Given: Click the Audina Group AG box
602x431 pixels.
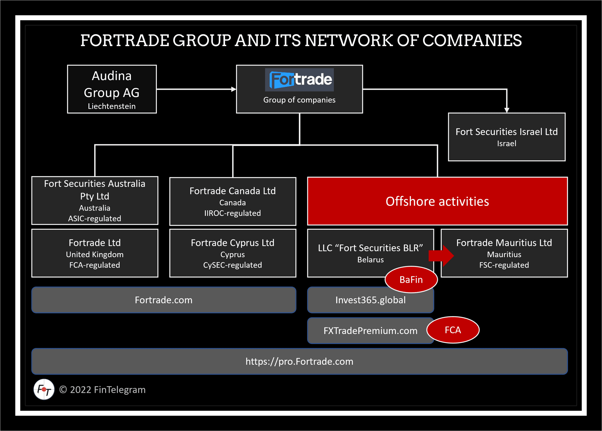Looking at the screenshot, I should (x=112, y=89).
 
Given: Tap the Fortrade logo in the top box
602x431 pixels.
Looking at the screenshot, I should (x=299, y=80).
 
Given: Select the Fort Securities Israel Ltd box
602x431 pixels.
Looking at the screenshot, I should (x=507, y=137).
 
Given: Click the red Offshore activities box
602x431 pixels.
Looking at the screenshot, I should (x=437, y=201).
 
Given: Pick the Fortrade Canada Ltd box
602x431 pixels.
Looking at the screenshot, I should (x=233, y=201).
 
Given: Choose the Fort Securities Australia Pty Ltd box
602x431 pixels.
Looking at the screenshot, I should (x=95, y=200).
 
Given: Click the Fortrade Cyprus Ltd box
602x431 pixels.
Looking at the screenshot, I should (x=233, y=253).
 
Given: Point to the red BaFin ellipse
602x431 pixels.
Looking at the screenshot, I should (x=411, y=279).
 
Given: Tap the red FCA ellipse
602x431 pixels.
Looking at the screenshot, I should (x=453, y=330).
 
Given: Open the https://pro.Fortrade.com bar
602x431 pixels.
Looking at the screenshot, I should (x=299, y=361).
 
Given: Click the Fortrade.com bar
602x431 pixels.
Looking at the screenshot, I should (x=164, y=300).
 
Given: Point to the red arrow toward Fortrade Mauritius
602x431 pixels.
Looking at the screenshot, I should (x=441, y=255).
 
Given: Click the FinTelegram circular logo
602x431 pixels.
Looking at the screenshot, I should (x=44, y=389).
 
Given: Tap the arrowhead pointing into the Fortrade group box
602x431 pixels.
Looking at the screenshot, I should (x=234, y=89).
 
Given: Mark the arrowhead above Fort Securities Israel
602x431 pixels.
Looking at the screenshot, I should (x=507, y=110).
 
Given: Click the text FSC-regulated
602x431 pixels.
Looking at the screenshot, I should (x=504, y=265).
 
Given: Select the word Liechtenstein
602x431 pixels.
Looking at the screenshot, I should (x=112, y=106).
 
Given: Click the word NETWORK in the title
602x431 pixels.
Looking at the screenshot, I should (x=348, y=41).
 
